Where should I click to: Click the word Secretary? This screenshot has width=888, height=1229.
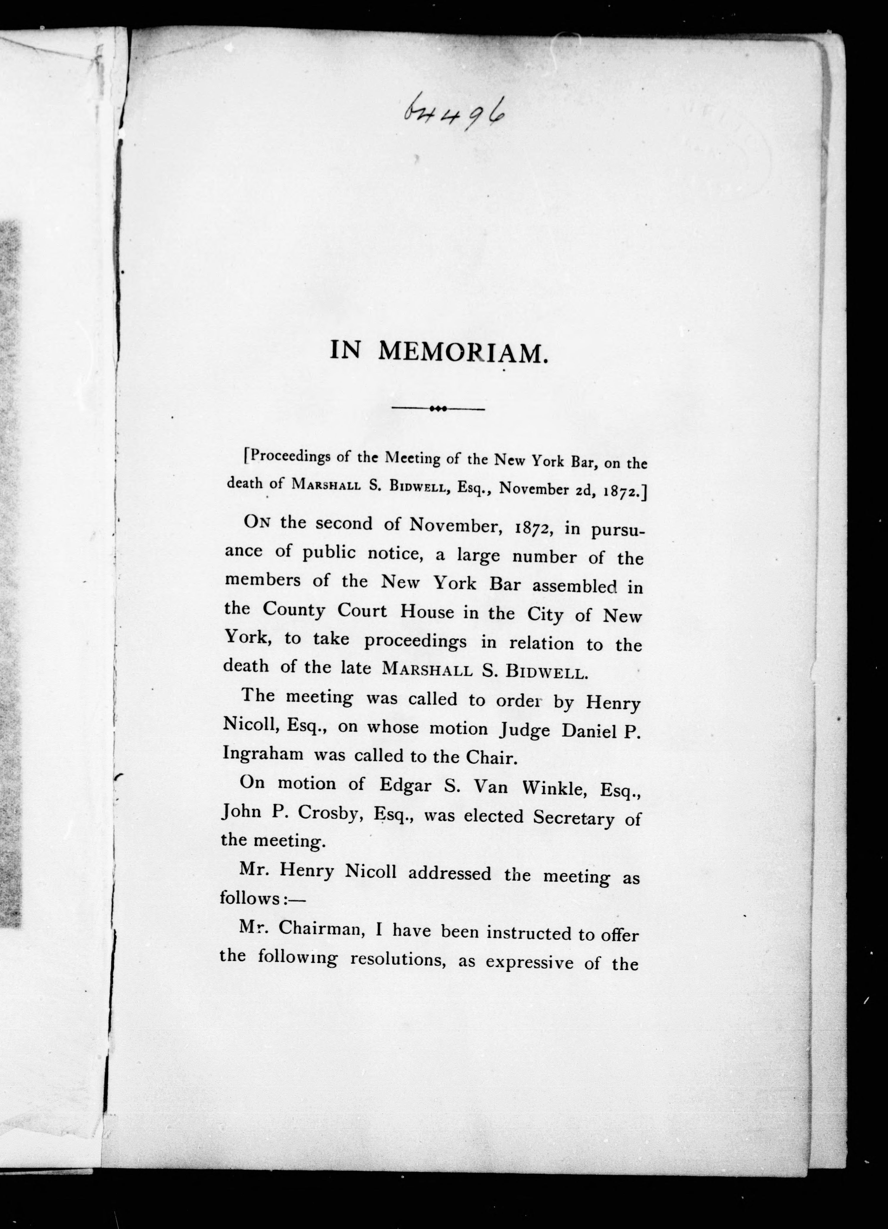click(573, 817)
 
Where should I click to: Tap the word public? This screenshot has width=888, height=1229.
click(329, 552)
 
